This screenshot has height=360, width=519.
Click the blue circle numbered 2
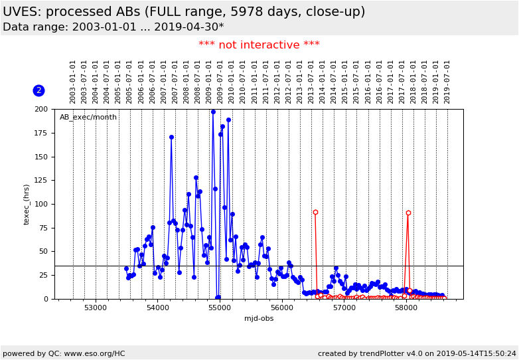(x=38, y=90)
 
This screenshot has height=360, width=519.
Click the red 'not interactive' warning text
(x=259, y=45)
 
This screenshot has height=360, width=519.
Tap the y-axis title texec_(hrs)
(x=27, y=204)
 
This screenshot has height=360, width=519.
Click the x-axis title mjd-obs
(x=259, y=318)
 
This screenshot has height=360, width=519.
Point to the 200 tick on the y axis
(x=41, y=109)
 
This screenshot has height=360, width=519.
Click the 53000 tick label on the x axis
(x=96, y=308)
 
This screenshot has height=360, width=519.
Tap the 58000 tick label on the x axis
(x=406, y=308)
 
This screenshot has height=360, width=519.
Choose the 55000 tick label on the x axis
(x=220, y=308)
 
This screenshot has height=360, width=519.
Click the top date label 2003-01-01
(x=73, y=81)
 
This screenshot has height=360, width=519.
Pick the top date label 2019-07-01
(x=447, y=81)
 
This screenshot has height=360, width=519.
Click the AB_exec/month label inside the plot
(x=88, y=118)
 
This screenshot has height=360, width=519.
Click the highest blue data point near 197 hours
(x=213, y=112)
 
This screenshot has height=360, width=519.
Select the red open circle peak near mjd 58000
(x=408, y=213)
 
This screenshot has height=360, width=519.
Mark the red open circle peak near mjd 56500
(x=315, y=213)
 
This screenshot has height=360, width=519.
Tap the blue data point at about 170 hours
(x=171, y=137)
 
